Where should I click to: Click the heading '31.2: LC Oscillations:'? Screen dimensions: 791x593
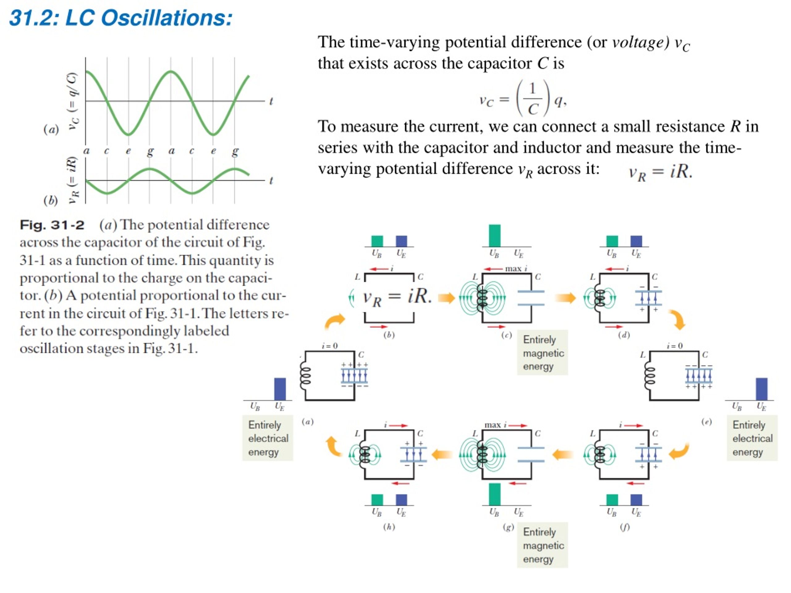point(121,18)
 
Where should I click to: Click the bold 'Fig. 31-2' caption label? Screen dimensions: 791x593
point(52,225)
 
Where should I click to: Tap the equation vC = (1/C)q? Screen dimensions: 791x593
point(523,98)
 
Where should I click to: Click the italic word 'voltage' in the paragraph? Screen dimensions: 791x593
point(641,43)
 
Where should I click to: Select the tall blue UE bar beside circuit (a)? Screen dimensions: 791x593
point(280,389)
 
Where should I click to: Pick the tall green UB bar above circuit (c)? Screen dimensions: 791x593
point(495,236)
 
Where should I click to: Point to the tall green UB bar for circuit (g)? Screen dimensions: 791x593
point(495,494)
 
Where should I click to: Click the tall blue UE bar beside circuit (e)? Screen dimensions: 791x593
point(762,389)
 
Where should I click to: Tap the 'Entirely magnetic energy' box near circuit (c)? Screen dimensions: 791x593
point(543,353)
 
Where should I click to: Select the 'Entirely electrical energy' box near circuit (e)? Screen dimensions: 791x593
point(752,438)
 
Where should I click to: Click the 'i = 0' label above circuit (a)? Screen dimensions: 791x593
point(329,346)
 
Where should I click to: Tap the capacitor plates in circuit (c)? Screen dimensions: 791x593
point(531,298)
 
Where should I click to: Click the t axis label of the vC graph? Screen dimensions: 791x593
point(271,101)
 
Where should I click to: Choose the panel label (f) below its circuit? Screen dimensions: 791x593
point(625,527)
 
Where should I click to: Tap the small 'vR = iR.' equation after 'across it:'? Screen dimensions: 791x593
point(661,172)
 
